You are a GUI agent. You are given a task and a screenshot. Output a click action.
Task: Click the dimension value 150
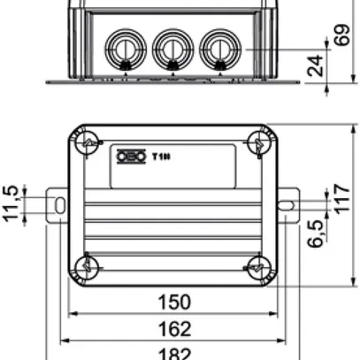[174, 303]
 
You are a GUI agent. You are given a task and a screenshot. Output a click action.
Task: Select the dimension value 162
[174, 330]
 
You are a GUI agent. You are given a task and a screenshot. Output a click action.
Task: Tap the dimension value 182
[174, 354]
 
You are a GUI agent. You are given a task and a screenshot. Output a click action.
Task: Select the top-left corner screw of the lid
[88, 144]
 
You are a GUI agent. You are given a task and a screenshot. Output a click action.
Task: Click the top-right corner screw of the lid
[256, 144]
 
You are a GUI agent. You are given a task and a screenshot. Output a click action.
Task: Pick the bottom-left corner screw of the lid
[88, 264]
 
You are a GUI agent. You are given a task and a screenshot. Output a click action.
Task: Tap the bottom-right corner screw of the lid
[256, 264]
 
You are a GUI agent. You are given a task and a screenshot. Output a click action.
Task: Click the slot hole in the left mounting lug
[58, 205]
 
